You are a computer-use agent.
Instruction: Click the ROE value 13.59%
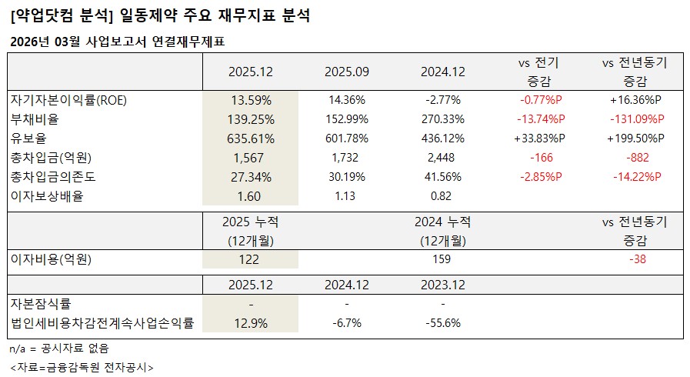tap(251, 100)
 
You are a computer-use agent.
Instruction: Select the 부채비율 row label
tap(35, 119)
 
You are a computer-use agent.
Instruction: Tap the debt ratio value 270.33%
tap(443, 119)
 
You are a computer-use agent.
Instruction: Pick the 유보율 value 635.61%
tap(251, 138)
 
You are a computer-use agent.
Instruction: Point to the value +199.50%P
tap(635, 138)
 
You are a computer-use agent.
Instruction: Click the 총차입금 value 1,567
tap(251, 158)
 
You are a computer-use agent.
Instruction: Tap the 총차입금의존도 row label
tap(52, 177)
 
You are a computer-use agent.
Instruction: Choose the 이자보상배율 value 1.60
tap(251, 196)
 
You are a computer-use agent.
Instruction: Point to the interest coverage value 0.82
tap(443, 196)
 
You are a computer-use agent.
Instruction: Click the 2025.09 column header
tap(347, 72)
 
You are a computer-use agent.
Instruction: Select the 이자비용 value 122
tap(251, 259)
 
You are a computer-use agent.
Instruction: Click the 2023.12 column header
tap(443, 285)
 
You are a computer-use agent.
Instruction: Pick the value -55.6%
tap(443, 323)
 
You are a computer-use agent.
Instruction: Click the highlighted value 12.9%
tap(251, 323)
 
